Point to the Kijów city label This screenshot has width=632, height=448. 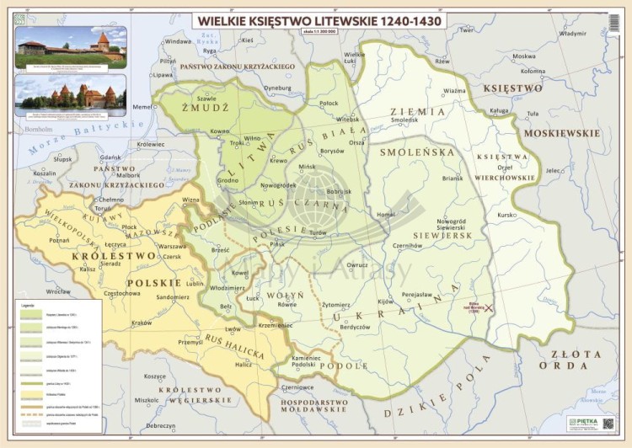click(385, 301)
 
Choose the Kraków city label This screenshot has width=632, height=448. click(141, 323)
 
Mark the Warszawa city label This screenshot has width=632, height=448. click(171, 247)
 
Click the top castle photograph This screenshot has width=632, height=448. click(70, 46)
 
